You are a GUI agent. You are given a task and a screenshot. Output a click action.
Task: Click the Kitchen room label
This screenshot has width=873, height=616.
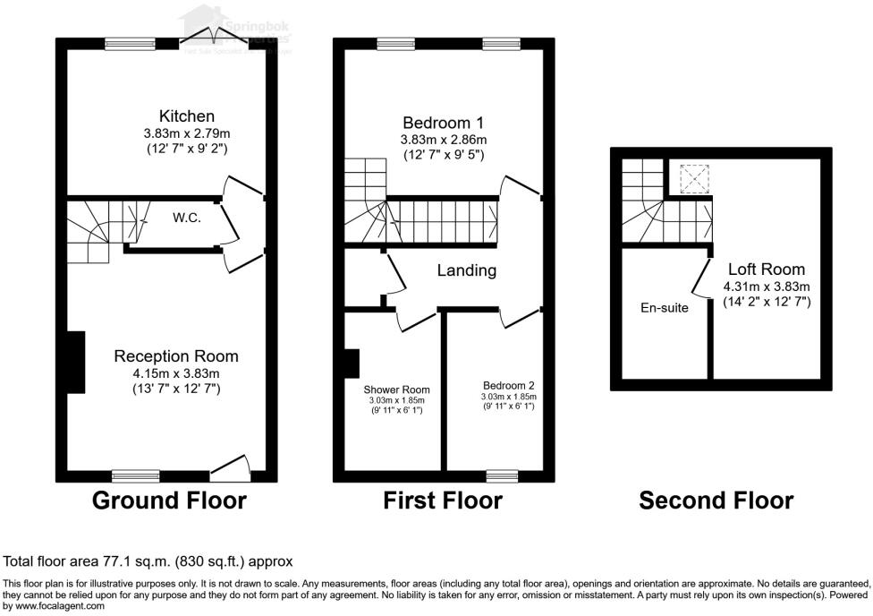(187, 116)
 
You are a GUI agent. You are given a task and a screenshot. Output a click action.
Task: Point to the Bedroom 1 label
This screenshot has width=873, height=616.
(444, 123)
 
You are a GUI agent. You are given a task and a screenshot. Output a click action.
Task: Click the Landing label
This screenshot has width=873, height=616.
(466, 270)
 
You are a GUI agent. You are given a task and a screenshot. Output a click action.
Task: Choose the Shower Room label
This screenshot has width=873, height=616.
(396, 389)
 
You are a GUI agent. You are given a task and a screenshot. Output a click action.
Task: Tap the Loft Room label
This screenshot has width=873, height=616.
(766, 269)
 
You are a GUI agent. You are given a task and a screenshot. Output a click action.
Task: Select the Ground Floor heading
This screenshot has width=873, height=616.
(169, 500)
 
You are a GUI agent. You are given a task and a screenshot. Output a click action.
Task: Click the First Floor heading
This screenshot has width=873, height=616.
(443, 500)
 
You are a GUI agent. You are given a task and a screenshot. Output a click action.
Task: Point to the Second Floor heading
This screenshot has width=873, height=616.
(716, 500)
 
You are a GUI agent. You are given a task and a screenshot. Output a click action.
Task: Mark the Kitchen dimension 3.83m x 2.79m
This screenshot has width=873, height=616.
(187, 133)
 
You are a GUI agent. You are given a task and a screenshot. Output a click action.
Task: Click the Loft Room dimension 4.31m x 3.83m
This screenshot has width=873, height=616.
(767, 287)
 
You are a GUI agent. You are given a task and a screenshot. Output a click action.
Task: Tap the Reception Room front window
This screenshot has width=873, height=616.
(136, 475)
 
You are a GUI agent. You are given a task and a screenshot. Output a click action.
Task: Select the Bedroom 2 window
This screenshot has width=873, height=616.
(502, 475)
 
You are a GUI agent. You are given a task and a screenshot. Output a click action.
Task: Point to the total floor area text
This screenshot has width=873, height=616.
(148, 562)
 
